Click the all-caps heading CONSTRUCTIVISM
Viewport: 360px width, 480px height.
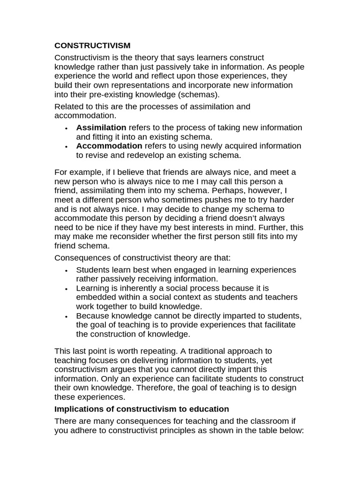tap(92, 45)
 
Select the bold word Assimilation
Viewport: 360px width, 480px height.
tap(101, 127)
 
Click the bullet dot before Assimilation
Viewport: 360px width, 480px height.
tap(67, 128)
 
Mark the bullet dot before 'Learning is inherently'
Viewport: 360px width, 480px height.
tap(67, 289)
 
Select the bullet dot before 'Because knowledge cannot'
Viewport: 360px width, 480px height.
tap(67, 316)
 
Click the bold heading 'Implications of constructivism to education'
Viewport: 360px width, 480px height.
tap(142, 409)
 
